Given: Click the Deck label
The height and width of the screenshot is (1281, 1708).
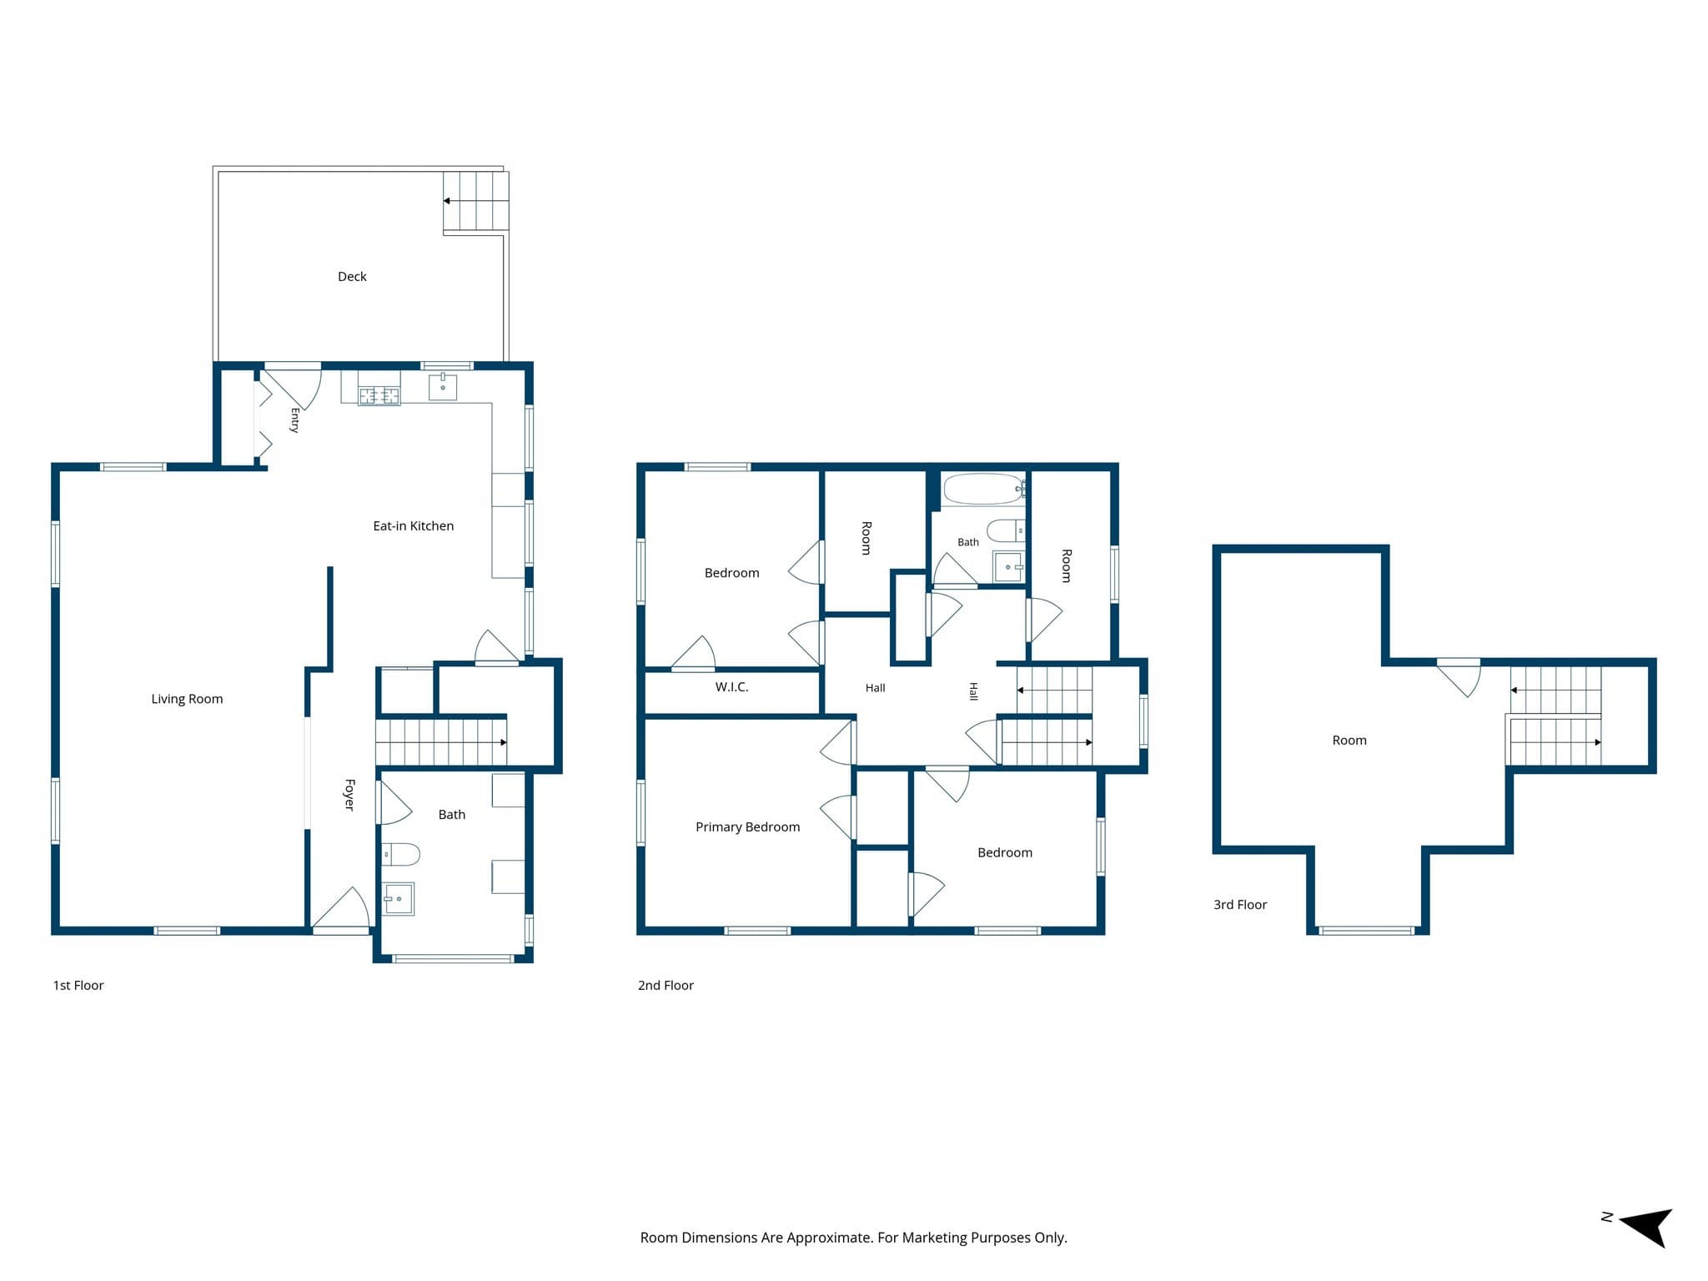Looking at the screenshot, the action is (x=352, y=277).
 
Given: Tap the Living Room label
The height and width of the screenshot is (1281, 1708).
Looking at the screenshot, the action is (x=187, y=699).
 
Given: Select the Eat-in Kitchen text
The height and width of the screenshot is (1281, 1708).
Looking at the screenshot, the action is (x=413, y=526).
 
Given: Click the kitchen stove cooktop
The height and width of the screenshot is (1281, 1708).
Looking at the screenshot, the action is (x=379, y=396).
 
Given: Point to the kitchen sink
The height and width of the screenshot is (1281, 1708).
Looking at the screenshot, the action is (x=443, y=387).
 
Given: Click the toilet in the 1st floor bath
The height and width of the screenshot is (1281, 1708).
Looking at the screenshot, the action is (x=400, y=854).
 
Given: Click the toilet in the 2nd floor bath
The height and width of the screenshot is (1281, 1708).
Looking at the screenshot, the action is (x=1006, y=530).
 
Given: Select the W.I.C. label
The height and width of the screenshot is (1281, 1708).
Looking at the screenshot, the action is (x=731, y=687).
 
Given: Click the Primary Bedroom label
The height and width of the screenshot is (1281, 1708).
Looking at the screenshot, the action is (x=747, y=827).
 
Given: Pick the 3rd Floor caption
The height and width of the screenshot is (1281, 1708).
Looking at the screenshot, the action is (x=1240, y=905).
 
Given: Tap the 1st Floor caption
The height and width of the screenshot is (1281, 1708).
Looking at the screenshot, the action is (x=78, y=986).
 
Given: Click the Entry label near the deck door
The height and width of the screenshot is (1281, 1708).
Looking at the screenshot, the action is (x=294, y=420).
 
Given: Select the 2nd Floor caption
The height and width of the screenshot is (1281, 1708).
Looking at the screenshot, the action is (x=666, y=986).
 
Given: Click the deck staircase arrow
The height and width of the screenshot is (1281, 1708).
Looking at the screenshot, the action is (x=475, y=201).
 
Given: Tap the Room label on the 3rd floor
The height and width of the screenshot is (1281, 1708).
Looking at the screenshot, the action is (x=1349, y=741).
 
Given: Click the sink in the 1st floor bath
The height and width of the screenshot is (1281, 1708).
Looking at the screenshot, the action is (x=398, y=898).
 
